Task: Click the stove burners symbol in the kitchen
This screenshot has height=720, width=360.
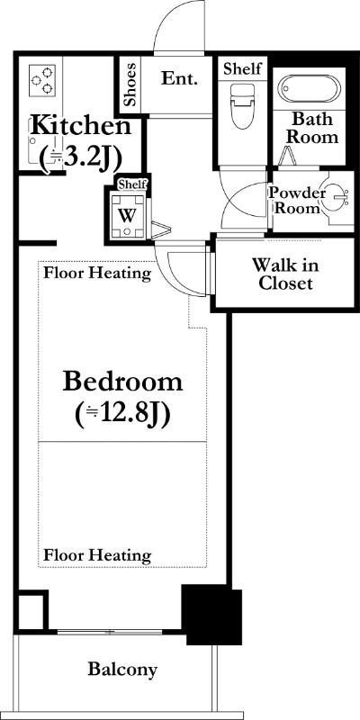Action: click(x=42, y=80)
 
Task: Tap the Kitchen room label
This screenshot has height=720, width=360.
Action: click(x=80, y=125)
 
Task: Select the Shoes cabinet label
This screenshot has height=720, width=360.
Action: click(x=130, y=85)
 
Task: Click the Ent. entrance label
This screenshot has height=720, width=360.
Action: click(x=179, y=78)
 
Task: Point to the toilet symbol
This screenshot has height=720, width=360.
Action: click(x=241, y=106)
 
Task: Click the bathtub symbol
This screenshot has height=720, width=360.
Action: click(x=310, y=88)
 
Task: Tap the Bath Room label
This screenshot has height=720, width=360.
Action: click(x=312, y=128)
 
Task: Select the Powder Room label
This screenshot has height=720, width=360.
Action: click(x=296, y=200)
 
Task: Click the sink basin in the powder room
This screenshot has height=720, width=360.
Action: click(x=337, y=198)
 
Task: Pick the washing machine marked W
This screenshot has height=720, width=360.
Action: click(x=127, y=215)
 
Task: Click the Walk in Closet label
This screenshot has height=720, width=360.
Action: click(x=285, y=274)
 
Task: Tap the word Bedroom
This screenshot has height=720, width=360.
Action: click(x=122, y=382)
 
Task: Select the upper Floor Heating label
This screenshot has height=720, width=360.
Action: click(x=97, y=274)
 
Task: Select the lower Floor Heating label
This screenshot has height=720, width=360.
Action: click(x=97, y=555)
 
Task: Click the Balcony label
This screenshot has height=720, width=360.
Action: click(x=122, y=669)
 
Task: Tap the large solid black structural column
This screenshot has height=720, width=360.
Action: click(x=212, y=614)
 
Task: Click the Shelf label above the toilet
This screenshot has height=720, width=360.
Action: click(x=242, y=68)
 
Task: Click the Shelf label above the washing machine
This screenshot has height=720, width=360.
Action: click(x=132, y=184)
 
